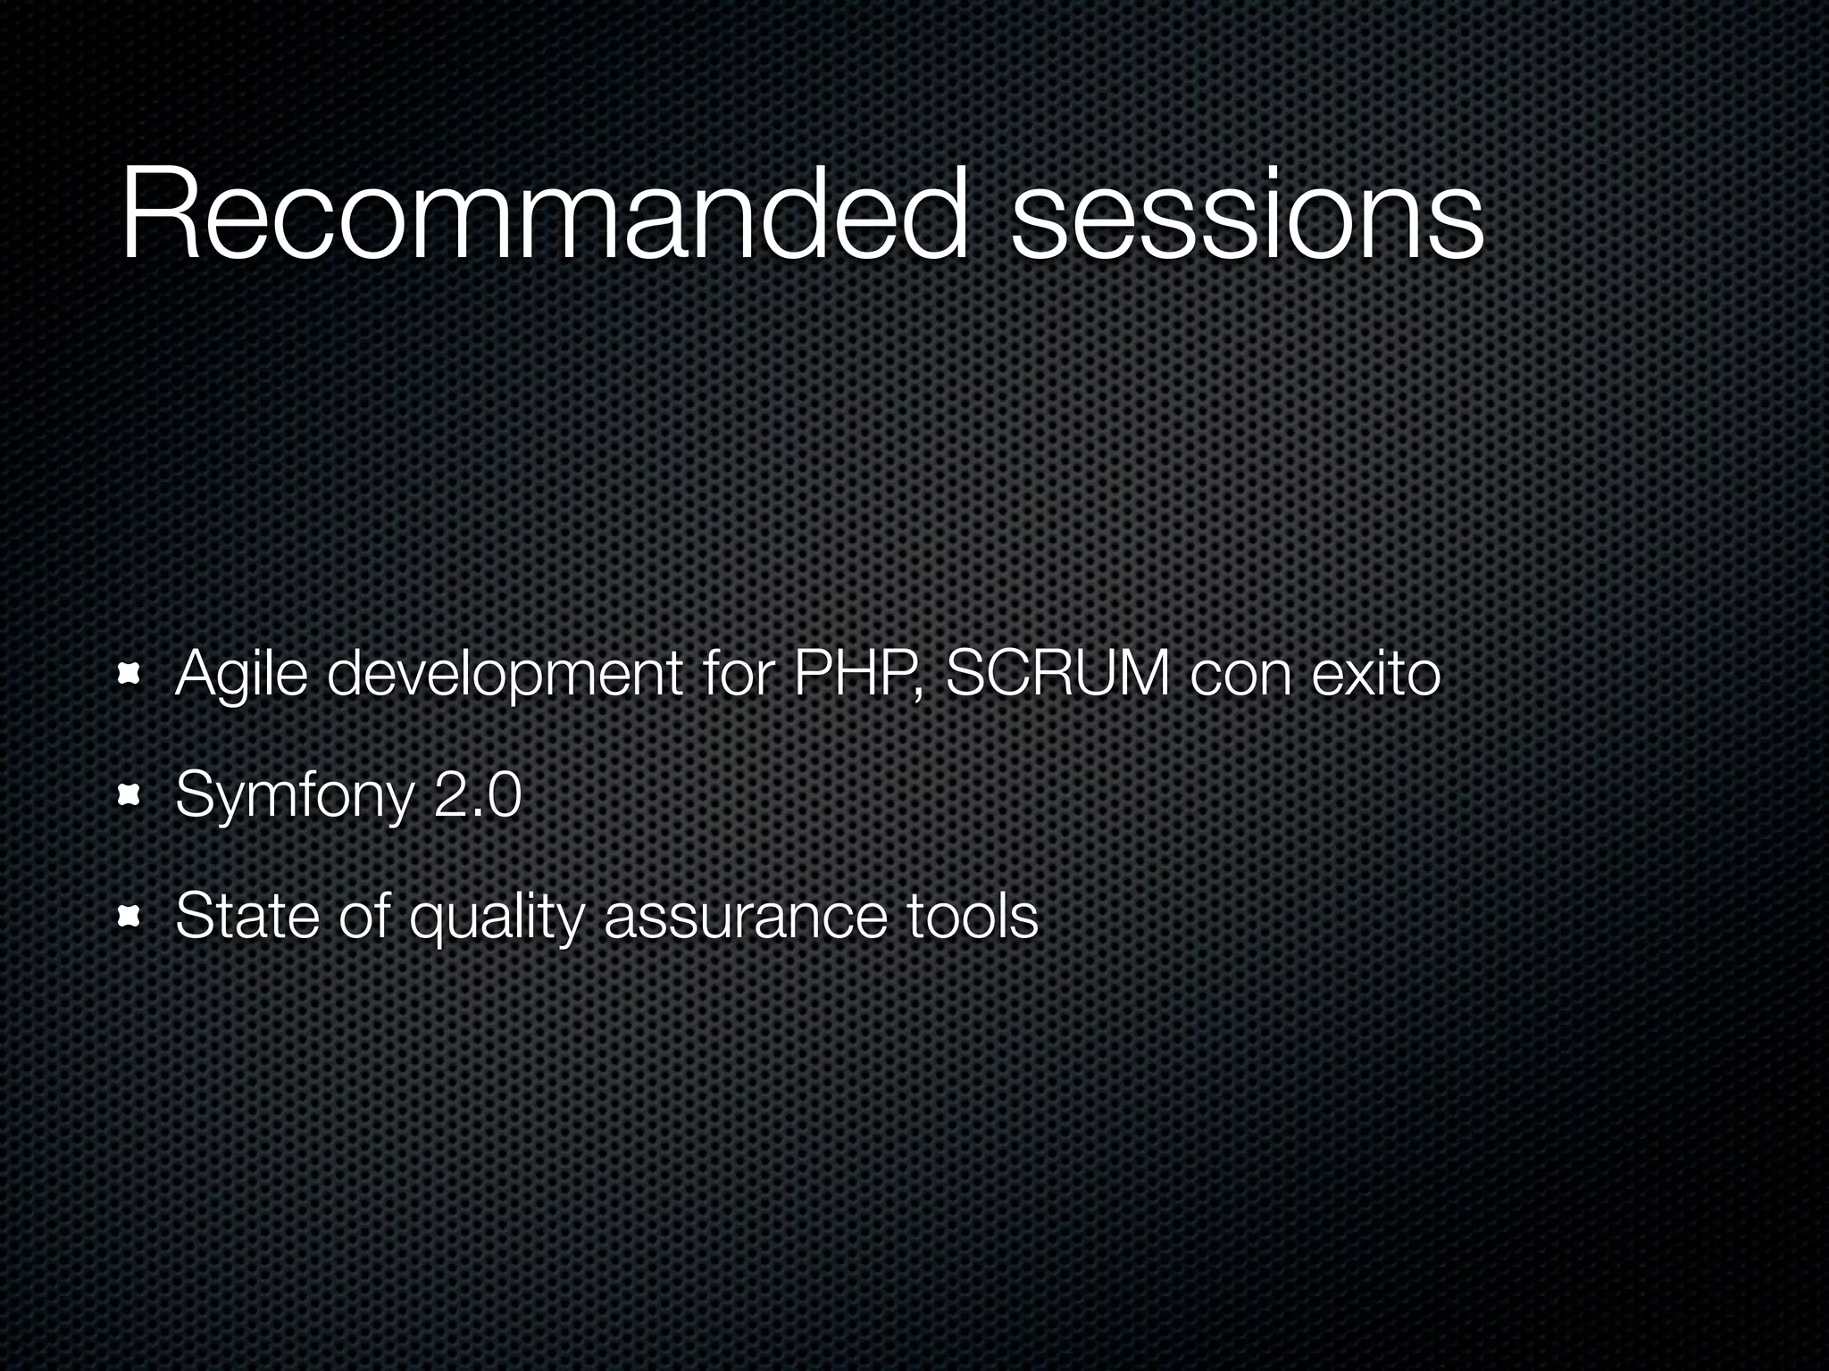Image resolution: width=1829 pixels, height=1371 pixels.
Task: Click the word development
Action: click(x=505, y=676)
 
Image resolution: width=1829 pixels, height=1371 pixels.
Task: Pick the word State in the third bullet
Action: click(x=247, y=916)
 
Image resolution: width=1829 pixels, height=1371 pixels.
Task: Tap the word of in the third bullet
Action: click(x=364, y=916)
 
